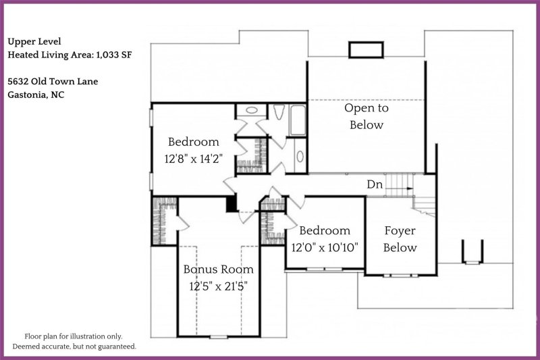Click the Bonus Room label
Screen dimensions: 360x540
(x=219, y=269)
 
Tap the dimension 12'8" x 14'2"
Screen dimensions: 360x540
(x=194, y=159)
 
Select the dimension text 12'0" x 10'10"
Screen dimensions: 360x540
(x=325, y=247)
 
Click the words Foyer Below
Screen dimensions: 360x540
(x=400, y=238)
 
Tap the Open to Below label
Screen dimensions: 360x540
(x=367, y=116)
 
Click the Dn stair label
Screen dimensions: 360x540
(x=375, y=184)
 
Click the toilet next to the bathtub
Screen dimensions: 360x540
(x=279, y=113)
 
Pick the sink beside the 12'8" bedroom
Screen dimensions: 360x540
(x=251, y=109)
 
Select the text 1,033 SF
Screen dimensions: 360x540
(x=111, y=55)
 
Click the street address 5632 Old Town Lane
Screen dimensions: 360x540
(x=53, y=82)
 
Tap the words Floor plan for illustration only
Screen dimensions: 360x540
(x=74, y=336)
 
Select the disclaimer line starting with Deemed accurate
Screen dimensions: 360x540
(x=74, y=346)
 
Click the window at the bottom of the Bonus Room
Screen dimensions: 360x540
(x=218, y=336)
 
